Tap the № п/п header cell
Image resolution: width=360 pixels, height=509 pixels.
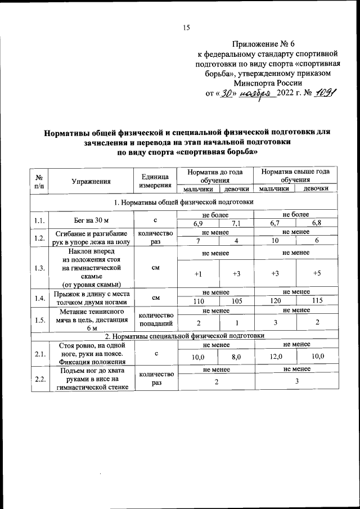pyautogui.click(x=40, y=181)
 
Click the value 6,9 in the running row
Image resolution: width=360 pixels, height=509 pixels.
pyautogui.click(x=198, y=224)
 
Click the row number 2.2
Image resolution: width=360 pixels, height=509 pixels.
pyautogui.click(x=40, y=379)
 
